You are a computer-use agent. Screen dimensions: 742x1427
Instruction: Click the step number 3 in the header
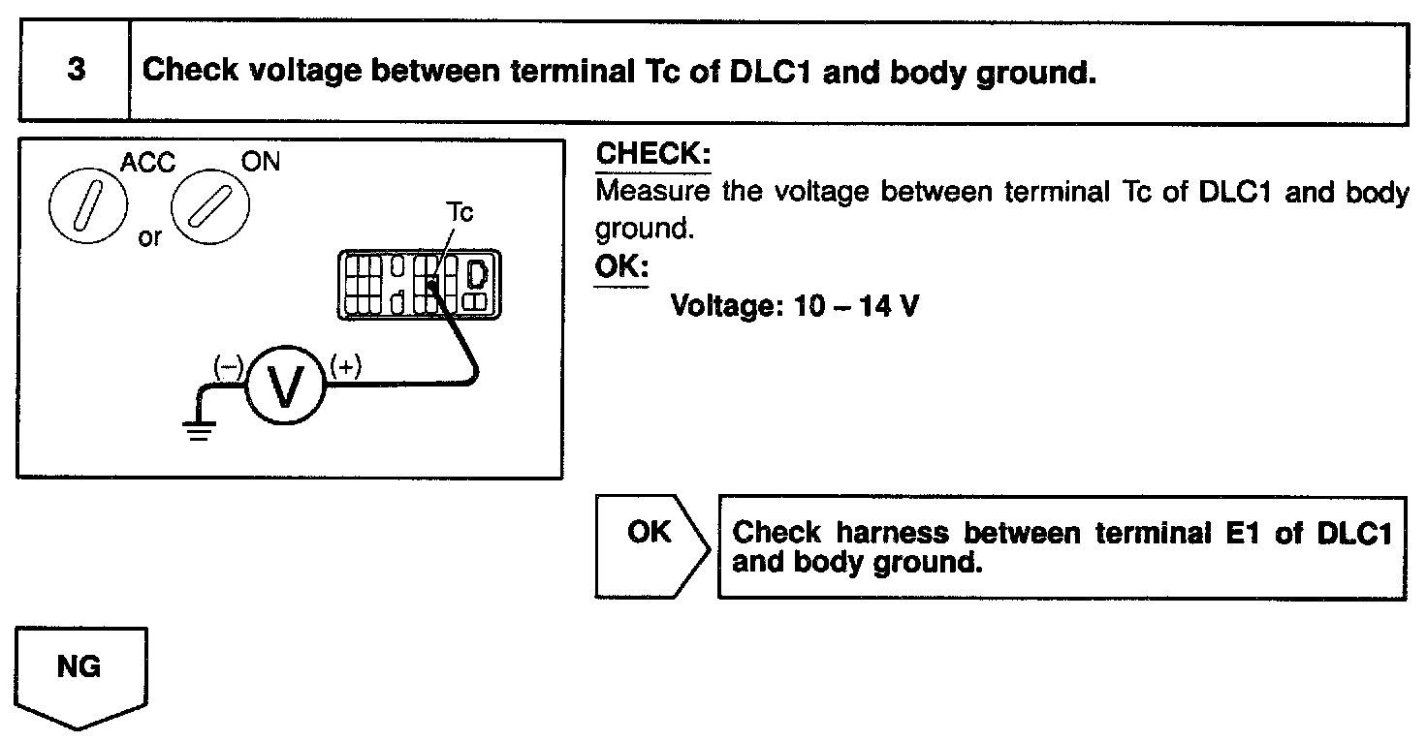point(75,72)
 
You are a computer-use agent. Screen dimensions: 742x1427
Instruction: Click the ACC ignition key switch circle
point(84,206)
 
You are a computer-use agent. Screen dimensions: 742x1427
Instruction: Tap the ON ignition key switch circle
point(209,207)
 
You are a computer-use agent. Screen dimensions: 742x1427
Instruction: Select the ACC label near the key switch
point(148,163)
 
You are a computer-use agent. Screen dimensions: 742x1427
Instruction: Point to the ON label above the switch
point(259,162)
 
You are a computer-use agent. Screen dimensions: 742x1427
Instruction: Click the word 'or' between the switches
point(150,236)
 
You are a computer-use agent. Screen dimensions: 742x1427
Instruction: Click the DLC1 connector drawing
point(424,283)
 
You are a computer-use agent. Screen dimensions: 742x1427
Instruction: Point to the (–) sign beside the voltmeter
point(228,367)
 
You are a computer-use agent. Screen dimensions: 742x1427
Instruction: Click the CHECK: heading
point(653,154)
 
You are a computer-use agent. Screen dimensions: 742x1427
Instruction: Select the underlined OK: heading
point(621,266)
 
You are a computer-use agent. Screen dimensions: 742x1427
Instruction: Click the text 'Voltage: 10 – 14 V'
point(794,306)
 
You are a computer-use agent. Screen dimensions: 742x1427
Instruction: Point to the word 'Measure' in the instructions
point(651,191)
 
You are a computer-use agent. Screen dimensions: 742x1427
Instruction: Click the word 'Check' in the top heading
point(191,72)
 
